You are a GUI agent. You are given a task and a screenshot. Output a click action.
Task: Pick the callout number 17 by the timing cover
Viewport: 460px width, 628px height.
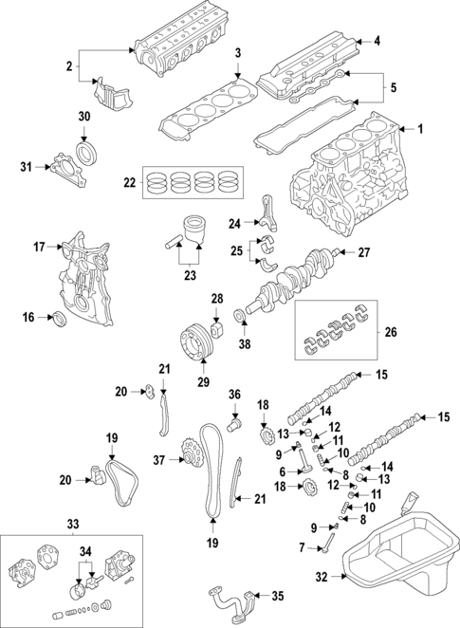point(39,248)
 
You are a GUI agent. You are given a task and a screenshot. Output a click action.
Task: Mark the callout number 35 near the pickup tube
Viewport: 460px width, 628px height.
point(277,596)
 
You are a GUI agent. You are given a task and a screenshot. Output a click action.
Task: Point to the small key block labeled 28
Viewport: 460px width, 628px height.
point(216,330)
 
